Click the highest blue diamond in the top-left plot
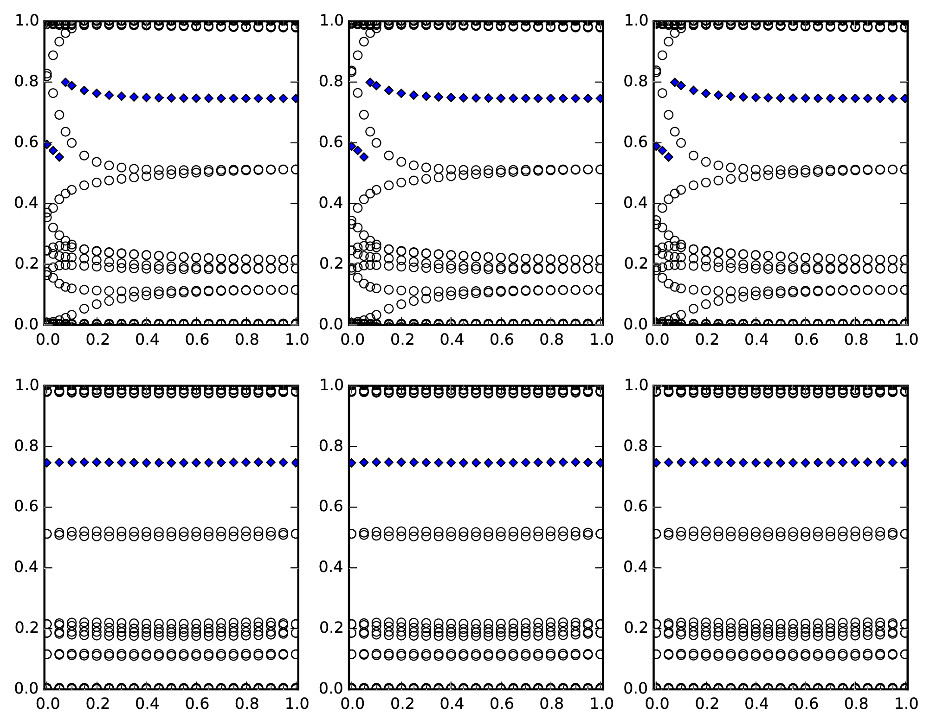pyautogui.click(x=65, y=82)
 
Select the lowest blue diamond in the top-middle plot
pyautogui.click(x=364, y=157)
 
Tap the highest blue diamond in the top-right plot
pyautogui.click(x=675, y=82)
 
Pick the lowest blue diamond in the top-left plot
pyautogui.click(x=59, y=157)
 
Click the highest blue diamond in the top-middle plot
pyautogui.click(x=370, y=82)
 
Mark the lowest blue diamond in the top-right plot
pyautogui.click(x=668, y=157)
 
